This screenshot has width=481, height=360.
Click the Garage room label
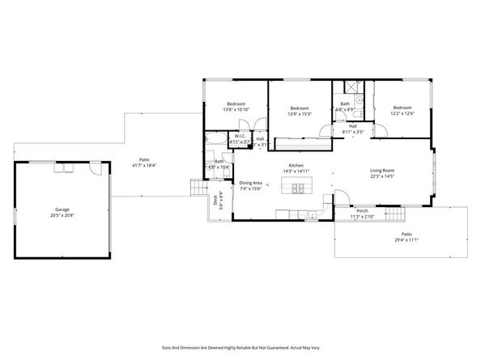(x=56, y=210)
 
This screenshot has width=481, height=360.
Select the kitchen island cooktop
(x=297, y=188)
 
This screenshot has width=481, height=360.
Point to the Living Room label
(x=382, y=170)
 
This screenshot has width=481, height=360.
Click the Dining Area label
(x=250, y=183)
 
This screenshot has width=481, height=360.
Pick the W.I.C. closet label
(x=240, y=136)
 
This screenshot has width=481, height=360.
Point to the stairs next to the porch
(x=394, y=214)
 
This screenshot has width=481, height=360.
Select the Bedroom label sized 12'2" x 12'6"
(x=403, y=108)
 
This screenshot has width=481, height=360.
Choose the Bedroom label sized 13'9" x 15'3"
(x=300, y=108)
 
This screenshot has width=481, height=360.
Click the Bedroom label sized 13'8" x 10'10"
(x=236, y=104)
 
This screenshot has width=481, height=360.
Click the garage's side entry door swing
(x=95, y=172)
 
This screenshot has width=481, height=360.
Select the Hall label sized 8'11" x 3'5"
(x=353, y=126)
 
